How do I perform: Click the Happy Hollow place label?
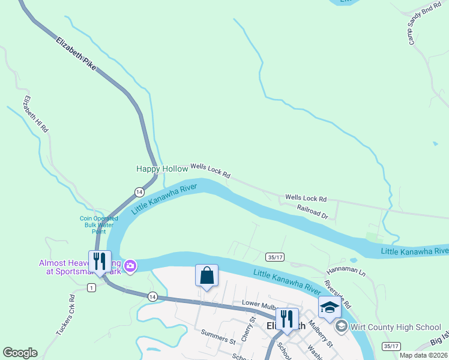(x=162, y=169)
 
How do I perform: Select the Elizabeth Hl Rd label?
(x=35, y=114)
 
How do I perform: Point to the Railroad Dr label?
(x=312, y=211)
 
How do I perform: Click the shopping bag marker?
(x=206, y=276)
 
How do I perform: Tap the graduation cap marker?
(x=330, y=307)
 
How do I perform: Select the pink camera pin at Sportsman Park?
(x=130, y=265)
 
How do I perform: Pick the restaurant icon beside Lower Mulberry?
(x=287, y=319)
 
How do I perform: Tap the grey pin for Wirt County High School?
(x=342, y=326)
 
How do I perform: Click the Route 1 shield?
(x=91, y=288)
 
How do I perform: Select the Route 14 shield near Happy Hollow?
(x=139, y=191)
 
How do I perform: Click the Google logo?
(x=20, y=353)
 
